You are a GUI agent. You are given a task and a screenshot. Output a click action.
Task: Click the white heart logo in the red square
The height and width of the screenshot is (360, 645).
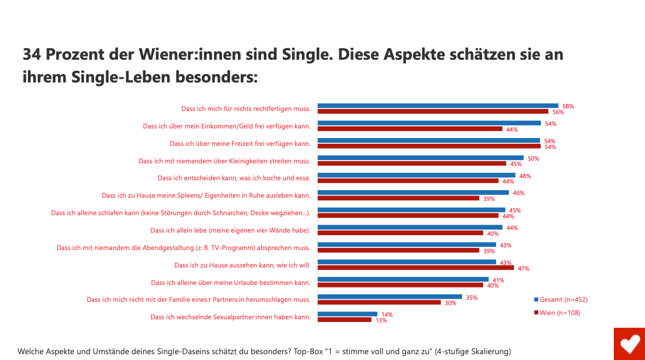(629, 344)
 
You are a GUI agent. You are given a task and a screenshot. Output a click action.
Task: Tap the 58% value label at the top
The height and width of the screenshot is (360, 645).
(568, 106)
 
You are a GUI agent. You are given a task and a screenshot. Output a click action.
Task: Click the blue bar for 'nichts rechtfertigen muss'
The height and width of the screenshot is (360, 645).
(438, 106)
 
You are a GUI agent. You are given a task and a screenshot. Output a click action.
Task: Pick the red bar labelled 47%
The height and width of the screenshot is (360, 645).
(416, 268)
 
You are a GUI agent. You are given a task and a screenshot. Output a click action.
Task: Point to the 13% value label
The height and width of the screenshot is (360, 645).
(381, 320)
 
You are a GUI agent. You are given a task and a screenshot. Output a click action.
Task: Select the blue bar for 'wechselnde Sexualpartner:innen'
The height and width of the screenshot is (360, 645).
(347, 314)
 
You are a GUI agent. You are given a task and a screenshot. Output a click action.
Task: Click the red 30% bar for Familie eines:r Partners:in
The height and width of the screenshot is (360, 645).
(379, 302)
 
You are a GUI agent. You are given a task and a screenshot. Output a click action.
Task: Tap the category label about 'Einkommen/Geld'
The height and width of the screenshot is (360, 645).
(226, 126)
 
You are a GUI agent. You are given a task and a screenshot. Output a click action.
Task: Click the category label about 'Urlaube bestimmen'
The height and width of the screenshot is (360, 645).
(231, 282)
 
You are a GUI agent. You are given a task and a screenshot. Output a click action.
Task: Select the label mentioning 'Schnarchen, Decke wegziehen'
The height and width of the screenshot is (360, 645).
(180, 213)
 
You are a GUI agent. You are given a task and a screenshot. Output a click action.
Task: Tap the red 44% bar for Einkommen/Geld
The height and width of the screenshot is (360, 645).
(410, 129)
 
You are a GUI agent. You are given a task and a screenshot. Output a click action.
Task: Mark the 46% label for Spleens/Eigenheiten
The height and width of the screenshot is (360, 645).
(518, 193)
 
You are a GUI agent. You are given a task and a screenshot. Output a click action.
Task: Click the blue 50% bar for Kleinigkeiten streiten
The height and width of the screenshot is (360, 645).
(420, 158)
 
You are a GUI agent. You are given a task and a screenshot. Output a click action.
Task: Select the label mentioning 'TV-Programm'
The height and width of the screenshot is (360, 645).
(183, 248)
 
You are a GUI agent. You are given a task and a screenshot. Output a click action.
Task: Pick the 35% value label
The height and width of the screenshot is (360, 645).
(472, 298)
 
